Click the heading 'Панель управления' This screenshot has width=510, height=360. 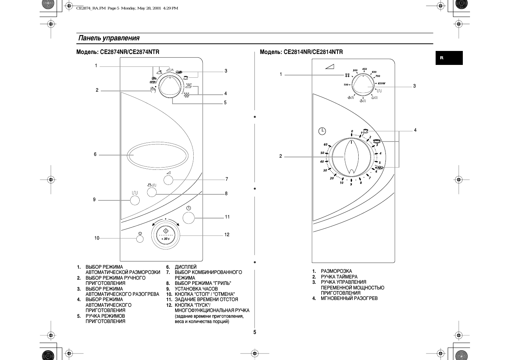tap(109, 38)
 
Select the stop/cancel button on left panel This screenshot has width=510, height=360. tap(140, 238)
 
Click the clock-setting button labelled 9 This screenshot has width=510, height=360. tap(135, 200)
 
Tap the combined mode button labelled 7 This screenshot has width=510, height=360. tap(168, 180)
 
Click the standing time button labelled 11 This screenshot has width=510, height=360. tap(188, 217)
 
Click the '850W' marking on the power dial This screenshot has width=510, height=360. tap(381, 83)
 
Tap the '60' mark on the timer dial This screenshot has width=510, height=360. tap(325, 145)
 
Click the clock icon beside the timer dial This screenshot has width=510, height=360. tap(322, 131)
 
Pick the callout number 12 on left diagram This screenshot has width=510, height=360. tap(227, 235)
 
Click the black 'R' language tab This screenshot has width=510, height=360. tap(449, 58)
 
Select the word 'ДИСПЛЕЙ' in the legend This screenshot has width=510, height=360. tap(185, 267)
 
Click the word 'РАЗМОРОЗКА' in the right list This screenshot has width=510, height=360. tap(336, 271)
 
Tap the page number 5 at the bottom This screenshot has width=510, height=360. tap(255, 332)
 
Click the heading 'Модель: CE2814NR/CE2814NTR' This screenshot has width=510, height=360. tap(301, 52)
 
